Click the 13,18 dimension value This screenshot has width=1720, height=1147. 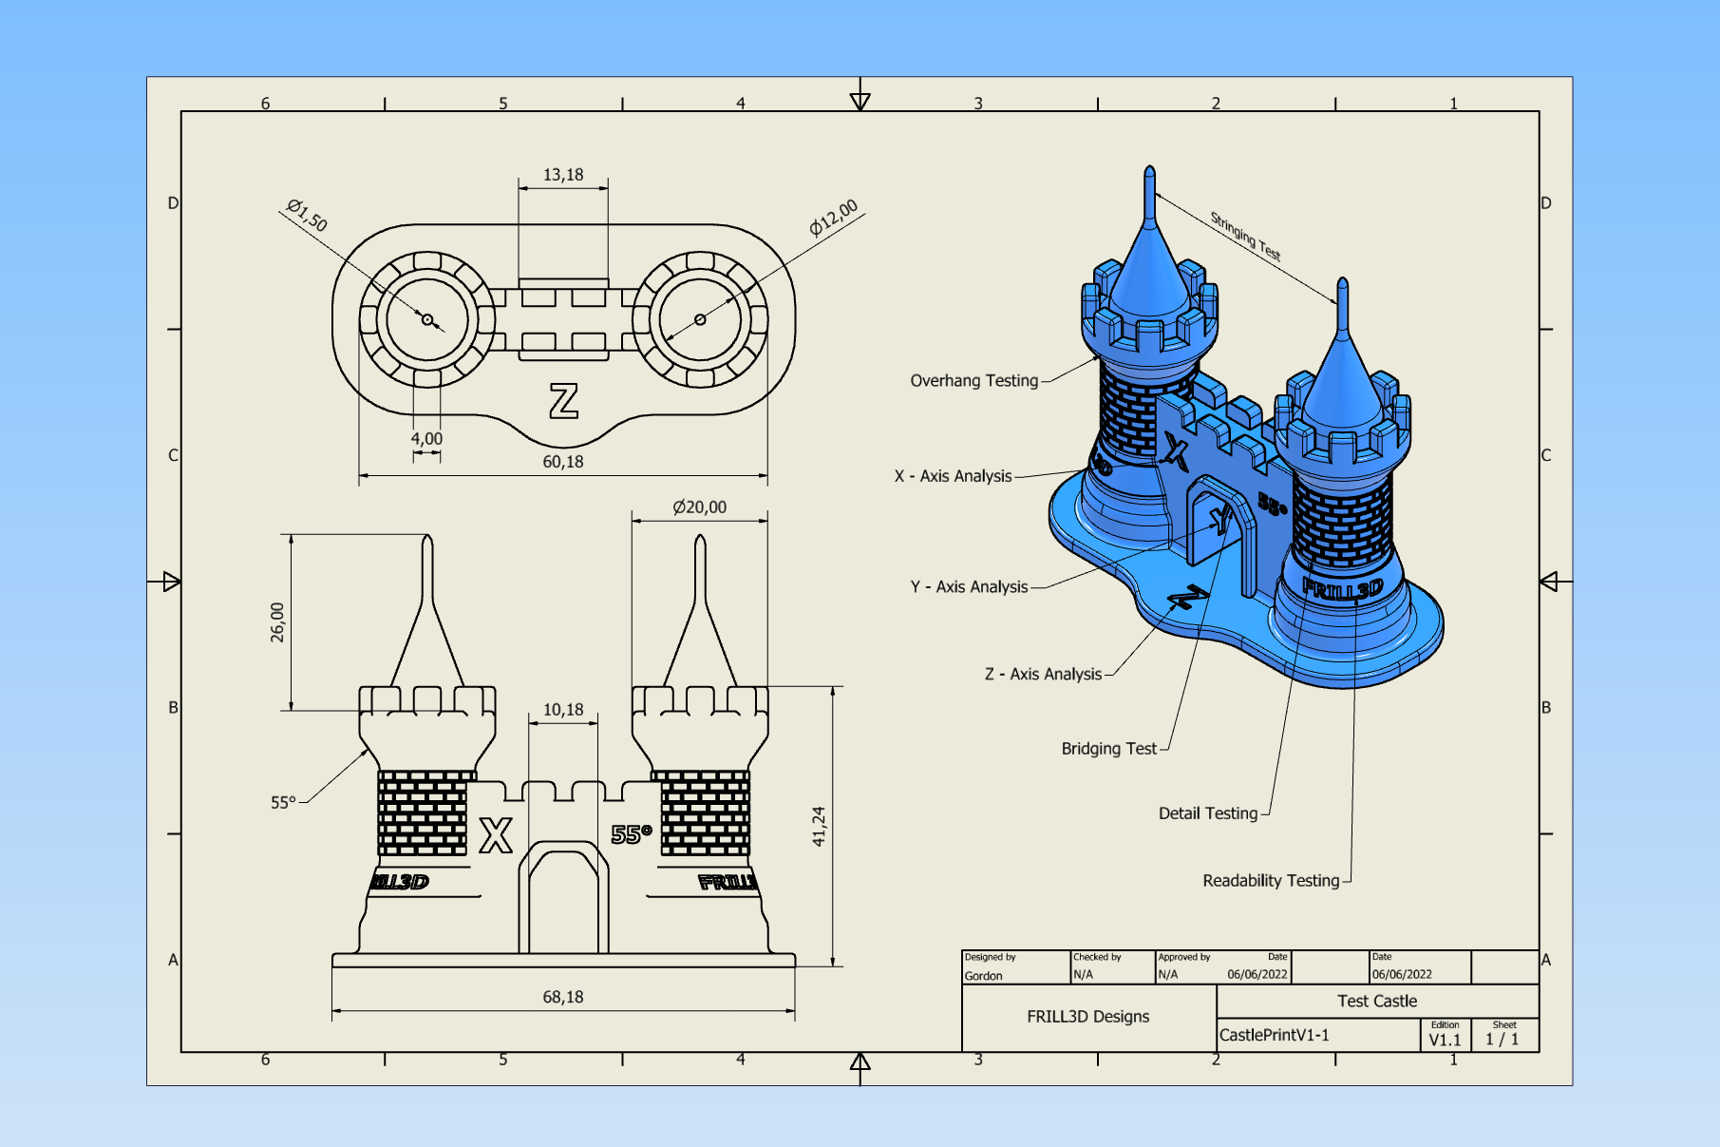[563, 175]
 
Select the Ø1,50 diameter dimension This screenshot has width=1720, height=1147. [307, 216]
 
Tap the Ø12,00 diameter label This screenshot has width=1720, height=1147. [833, 218]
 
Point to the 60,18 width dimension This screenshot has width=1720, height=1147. [563, 462]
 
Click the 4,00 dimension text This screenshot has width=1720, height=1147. [426, 439]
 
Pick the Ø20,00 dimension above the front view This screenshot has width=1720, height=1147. [699, 507]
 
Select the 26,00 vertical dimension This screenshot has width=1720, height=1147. [277, 622]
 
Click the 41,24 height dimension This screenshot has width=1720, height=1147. [819, 826]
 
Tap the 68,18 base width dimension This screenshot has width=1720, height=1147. [563, 997]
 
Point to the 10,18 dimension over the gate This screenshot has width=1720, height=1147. [563, 710]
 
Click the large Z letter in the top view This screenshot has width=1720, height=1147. [563, 401]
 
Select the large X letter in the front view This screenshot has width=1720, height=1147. [496, 835]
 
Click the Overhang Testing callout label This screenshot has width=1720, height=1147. [973, 381]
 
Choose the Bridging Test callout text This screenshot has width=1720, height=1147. [1108, 749]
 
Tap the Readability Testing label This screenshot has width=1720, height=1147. [1271, 881]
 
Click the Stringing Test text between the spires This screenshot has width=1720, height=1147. [1245, 237]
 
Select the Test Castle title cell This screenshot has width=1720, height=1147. [1376, 1001]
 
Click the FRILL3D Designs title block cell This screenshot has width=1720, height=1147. [1087, 1017]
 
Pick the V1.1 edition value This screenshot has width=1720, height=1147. [1445, 1040]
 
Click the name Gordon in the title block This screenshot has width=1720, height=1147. [983, 976]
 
